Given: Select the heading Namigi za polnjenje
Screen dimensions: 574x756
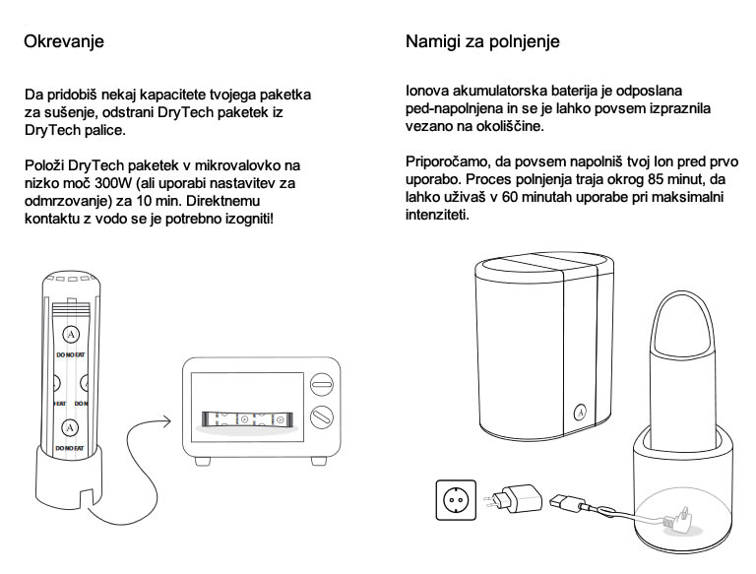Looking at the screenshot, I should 482,42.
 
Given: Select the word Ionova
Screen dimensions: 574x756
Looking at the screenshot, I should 428,92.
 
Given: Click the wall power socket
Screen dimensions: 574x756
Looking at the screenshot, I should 453,498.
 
